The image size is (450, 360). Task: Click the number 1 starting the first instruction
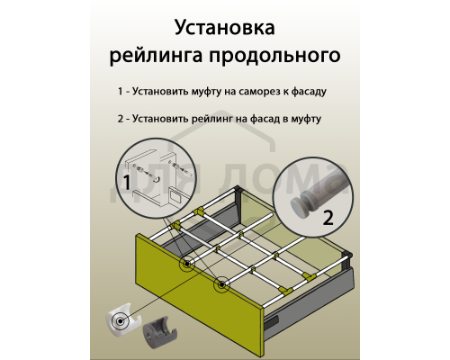pos(120,92)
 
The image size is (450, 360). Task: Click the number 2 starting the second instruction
pos(120,119)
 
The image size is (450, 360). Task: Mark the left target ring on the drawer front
pos(186,264)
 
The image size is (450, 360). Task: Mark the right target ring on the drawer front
pos(221,286)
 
